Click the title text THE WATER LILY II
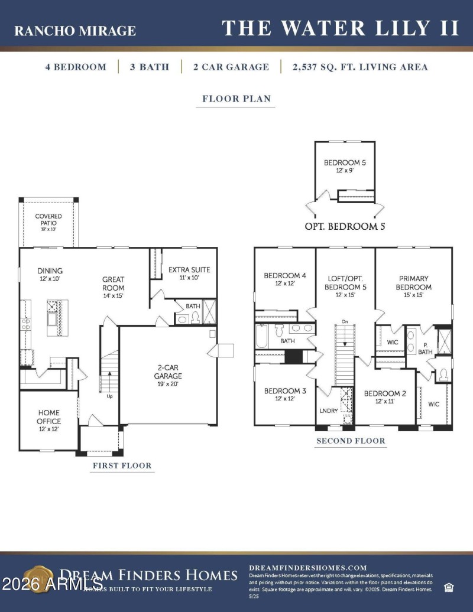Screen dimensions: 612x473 pyautogui.click(x=341, y=28)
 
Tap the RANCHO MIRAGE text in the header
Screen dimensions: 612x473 pyautogui.click(x=75, y=31)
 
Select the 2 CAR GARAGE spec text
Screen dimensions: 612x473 pyautogui.click(x=231, y=67)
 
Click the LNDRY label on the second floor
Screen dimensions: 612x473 pyautogui.click(x=329, y=410)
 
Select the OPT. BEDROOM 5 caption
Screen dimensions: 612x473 pyautogui.click(x=345, y=226)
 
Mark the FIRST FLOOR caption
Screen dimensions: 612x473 pyautogui.click(x=122, y=465)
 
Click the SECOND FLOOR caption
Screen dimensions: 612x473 pyautogui.click(x=351, y=441)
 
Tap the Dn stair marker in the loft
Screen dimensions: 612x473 pyautogui.click(x=345, y=322)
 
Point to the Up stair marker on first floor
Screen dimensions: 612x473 pyautogui.click(x=109, y=396)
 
